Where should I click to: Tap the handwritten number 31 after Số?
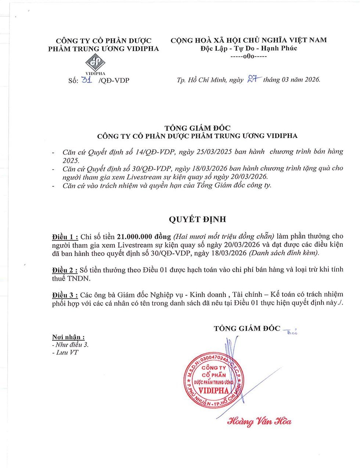[x=86, y=79]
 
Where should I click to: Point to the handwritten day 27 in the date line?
[x=254, y=79]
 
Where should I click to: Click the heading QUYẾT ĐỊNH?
[x=197, y=219]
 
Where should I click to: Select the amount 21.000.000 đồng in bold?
[x=144, y=236]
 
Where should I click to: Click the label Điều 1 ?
[x=65, y=236]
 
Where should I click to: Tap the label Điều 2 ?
[x=65, y=270]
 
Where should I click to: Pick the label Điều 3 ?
[x=65, y=295]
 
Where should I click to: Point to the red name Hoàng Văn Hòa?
[x=259, y=421]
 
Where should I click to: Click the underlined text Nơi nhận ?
[x=68, y=337]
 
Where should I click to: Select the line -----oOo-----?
[x=248, y=57]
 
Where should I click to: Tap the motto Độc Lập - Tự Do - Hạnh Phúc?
[x=248, y=48]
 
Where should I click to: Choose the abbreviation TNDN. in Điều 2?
[x=79, y=278]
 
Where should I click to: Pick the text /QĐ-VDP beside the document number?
[x=114, y=80]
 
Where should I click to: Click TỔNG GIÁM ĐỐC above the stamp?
[x=247, y=328]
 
